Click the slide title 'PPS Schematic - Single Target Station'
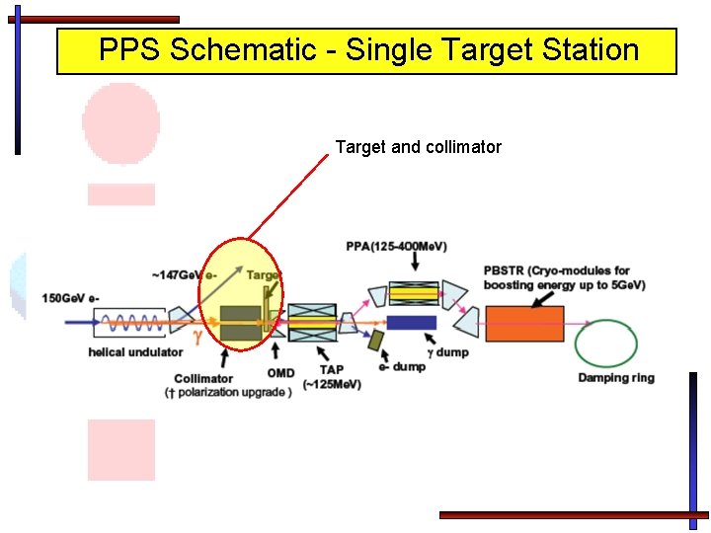[367, 50]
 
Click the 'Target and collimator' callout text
[418, 147]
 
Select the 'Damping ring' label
[616, 378]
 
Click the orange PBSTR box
[524, 324]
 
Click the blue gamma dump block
[411, 323]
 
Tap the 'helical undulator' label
[135, 352]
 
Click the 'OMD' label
[280, 373]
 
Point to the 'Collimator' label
[203, 378]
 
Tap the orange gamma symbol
[198, 337]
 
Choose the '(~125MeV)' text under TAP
[331, 384]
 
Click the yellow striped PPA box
[414, 291]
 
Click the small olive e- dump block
[375, 341]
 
